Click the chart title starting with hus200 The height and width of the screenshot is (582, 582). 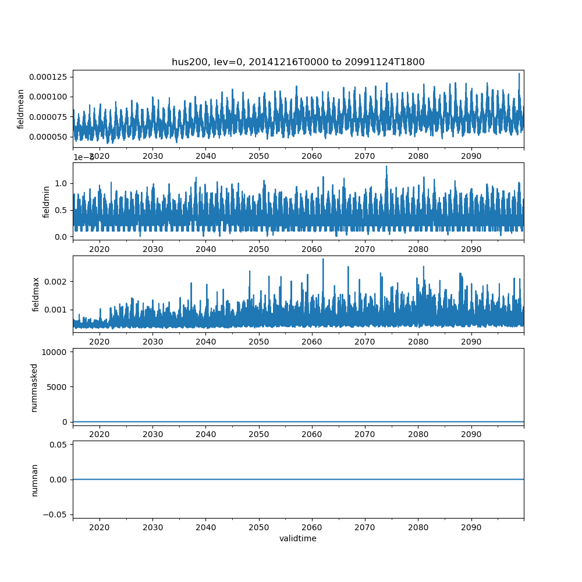[298, 62]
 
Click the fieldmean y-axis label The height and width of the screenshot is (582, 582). [21, 109]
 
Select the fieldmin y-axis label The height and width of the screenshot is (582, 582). [47, 201]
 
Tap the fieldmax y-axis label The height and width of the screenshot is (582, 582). [36, 294]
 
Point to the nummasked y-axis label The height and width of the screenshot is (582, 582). [34, 387]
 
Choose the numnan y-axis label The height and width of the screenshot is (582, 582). [34, 480]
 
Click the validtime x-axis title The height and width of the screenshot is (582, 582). [298, 539]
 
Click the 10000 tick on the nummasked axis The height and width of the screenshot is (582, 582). [55, 352]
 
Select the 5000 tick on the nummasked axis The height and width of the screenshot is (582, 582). [57, 386]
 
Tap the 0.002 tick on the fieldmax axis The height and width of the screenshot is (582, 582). [58, 281]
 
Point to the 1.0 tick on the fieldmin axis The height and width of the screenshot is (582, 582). [61, 183]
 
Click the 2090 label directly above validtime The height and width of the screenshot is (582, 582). [471, 527]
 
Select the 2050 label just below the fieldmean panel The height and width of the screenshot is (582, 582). [259, 156]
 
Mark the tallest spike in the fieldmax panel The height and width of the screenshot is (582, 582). [323, 259]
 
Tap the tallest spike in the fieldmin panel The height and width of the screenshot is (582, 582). [386, 166]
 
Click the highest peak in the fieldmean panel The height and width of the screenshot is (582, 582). [519, 74]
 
